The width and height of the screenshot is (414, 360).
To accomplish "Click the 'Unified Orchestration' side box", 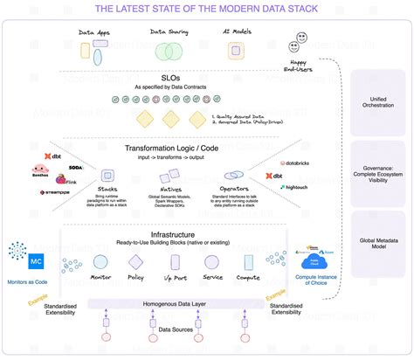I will click(376, 102).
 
